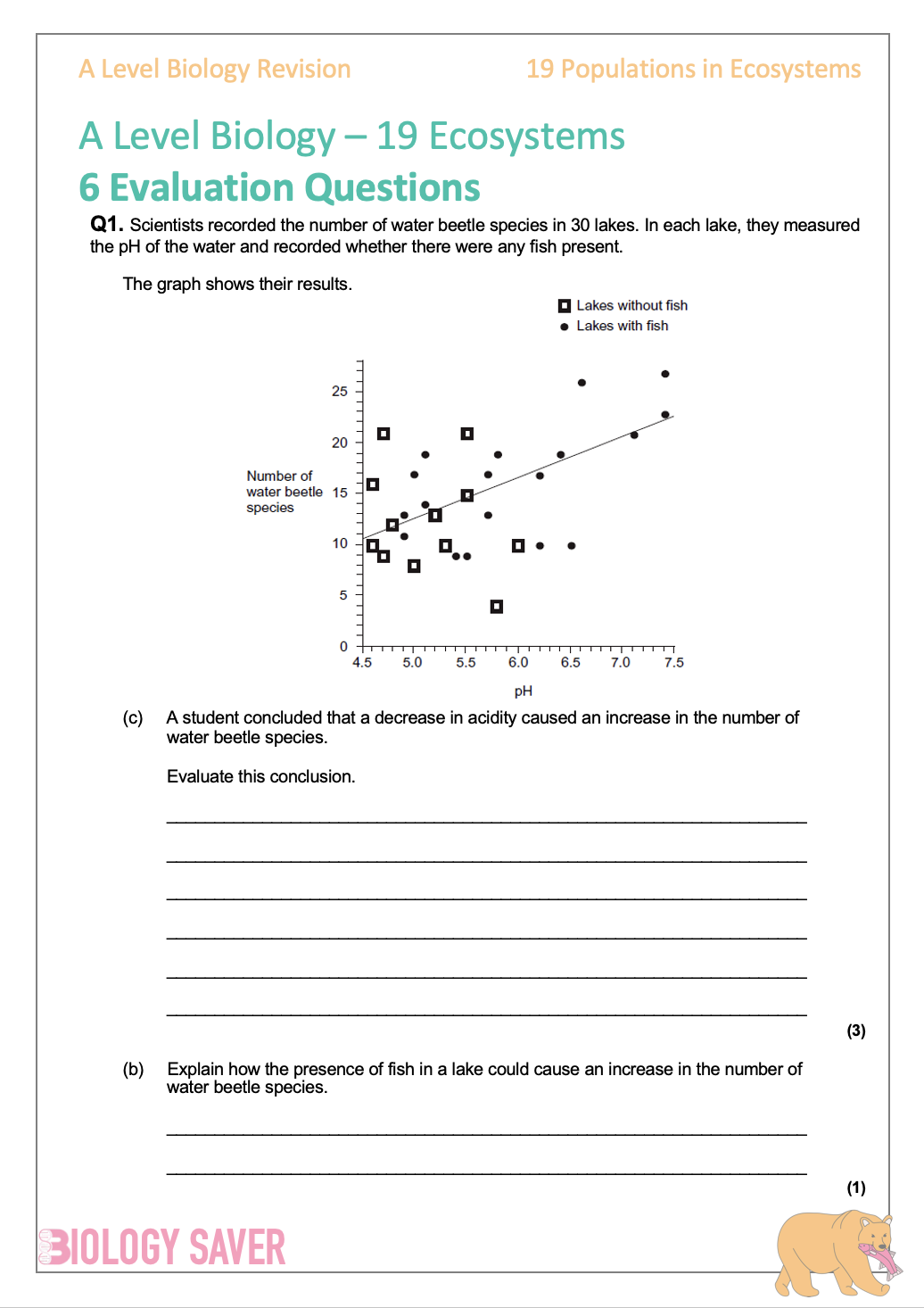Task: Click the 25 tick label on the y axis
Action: [x=340, y=391]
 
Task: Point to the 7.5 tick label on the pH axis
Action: [x=673, y=663]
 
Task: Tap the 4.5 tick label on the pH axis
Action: [x=362, y=663]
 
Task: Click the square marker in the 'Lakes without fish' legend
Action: [x=565, y=306]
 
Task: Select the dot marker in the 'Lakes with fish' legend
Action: [x=565, y=327]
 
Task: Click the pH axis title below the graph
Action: [x=523, y=691]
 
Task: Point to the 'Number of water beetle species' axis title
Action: [x=284, y=492]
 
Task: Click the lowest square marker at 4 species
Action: [x=497, y=607]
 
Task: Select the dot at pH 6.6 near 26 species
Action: [x=582, y=383]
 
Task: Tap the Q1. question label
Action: [x=106, y=225]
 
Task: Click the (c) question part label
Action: [x=133, y=718]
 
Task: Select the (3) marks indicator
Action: [x=856, y=1031]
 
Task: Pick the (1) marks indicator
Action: [x=856, y=1188]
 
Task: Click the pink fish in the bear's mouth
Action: [x=879, y=1257]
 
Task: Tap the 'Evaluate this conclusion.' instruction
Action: [x=260, y=776]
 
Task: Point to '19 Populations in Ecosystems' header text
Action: [x=693, y=70]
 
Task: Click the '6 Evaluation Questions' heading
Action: [x=279, y=187]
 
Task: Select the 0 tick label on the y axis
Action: [x=343, y=647]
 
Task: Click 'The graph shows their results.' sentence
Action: [x=237, y=284]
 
